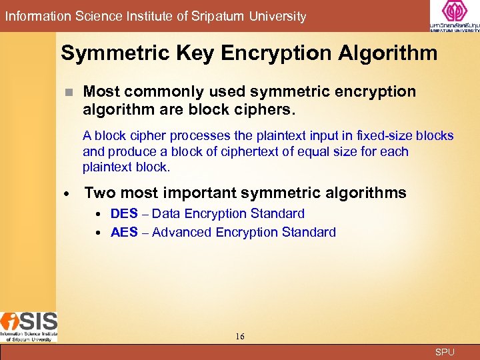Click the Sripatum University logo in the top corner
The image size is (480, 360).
[x=455, y=16]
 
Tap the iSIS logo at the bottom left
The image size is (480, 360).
[x=29, y=326]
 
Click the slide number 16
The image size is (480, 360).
[x=240, y=337]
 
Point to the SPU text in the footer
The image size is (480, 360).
[x=445, y=352]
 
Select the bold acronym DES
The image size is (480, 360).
[x=124, y=214]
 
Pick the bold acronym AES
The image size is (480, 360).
[x=124, y=233]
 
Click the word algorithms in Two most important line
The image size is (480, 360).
[x=367, y=193]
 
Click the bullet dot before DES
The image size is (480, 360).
[x=97, y=215]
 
